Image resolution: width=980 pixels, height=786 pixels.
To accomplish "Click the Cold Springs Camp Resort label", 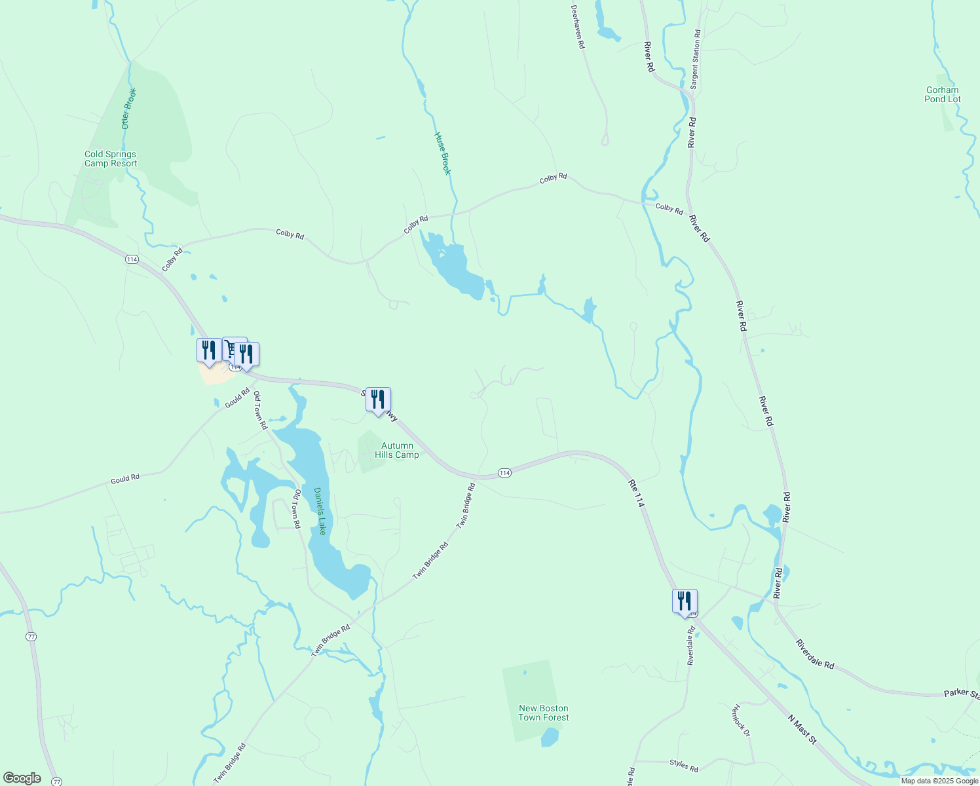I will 111,159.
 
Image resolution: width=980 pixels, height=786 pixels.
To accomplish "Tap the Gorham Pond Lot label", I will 943,95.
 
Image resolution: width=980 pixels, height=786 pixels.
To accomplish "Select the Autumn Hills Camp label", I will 397,451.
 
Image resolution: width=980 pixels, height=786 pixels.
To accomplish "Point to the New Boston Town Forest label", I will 544,713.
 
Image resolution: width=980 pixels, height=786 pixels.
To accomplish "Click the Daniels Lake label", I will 320,511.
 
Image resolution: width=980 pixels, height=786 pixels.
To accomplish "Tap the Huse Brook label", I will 443,153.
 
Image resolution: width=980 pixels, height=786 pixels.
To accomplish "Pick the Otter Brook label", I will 129,108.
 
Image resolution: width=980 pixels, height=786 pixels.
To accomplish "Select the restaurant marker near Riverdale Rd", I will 685,601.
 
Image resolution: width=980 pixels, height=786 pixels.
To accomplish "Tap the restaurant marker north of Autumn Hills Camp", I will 378,399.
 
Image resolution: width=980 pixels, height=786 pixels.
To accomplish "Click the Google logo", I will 22,778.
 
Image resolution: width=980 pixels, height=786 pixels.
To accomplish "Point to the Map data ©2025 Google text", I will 939,781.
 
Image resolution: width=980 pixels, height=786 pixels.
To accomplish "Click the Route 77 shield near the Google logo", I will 57,781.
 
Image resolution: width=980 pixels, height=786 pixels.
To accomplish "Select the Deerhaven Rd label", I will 577,28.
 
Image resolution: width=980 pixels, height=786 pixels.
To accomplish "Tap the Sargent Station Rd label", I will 696,60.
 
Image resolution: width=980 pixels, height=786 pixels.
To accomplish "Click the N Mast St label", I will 802,729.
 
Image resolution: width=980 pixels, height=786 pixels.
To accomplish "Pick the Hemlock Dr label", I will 740,720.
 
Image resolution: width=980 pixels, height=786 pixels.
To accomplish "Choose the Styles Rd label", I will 683,765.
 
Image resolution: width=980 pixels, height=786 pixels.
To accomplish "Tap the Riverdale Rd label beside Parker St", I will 815,654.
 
